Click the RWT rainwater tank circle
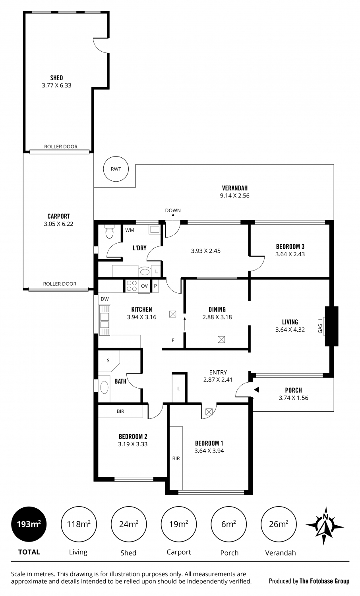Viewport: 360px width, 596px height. [116, 169]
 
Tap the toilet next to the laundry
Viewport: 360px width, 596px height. [109, 232]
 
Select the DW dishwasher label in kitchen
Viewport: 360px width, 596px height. [105, 299]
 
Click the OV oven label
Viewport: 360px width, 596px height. [144, 286]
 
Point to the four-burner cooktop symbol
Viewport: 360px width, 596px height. [132, 286]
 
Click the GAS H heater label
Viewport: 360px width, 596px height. [320, 326]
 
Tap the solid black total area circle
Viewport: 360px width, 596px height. [29, 524]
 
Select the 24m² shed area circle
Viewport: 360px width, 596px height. [128, 524]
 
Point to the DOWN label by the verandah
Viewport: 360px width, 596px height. [173, 211]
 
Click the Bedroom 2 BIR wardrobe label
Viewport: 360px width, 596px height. [120, 411]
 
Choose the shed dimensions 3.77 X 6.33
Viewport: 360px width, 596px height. [57, 85]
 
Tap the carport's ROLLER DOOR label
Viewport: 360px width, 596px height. [60, 284]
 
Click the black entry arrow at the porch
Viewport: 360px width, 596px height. [257, 390]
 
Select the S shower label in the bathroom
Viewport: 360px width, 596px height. [108, 360]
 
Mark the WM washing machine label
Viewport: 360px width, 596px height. [130, 230]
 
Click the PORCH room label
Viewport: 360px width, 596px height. [294, 390]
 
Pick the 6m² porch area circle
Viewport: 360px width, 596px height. [228, 524]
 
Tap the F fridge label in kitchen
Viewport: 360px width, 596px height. [173, 340]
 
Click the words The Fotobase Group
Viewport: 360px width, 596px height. [324, 581]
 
